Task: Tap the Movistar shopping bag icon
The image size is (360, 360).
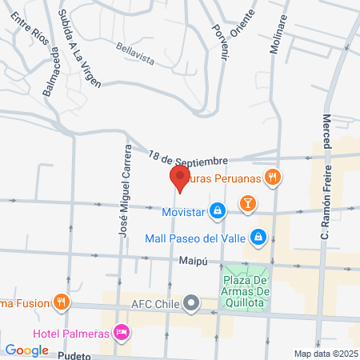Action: [x=217, y=211]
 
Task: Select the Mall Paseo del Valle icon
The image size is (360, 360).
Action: [x=258, y=238]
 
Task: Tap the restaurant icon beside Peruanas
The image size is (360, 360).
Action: [x=274, y=178]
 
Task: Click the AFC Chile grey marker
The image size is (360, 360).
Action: [x=190, y=303]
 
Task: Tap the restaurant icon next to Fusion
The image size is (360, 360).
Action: [x=61, y=302]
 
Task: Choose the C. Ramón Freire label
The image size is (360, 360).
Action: [x=325, y=215]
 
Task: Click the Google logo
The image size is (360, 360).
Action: [x=27, y=350]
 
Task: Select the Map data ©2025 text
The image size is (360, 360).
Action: [x=325, y=354]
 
